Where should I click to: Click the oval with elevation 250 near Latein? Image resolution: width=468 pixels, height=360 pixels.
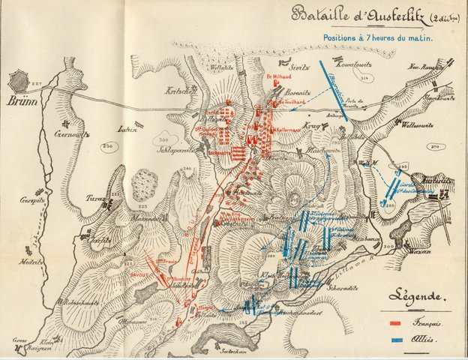click(107, 145)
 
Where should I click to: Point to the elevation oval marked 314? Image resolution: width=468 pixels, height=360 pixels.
click(365, 78)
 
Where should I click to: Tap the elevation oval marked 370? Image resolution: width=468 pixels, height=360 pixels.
click(433, 146)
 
